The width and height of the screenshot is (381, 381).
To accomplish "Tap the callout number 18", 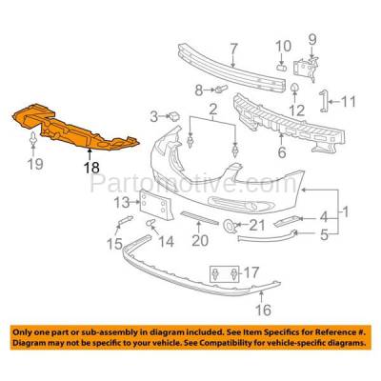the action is tap(91, 168).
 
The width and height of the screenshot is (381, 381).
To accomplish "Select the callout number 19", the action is tap(35, 164).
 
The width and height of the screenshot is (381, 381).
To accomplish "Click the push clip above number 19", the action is tap(33, 140).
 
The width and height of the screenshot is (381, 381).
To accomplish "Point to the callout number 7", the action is tap(233, 50).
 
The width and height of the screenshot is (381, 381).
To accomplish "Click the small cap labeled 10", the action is tap(281, 67).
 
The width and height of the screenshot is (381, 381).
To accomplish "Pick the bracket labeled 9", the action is tap(305, 69).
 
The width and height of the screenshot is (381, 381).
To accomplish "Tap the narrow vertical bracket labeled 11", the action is tap(323, 101).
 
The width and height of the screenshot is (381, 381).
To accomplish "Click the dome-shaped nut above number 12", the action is tap(294, 87).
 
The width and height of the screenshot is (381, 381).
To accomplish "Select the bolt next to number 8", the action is tap(221, 89).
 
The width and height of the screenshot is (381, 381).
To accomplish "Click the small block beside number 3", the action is tap(174, 116).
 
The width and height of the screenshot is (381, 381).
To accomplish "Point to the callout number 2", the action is tap(212, 110).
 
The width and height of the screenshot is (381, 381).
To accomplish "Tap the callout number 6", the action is tap(282, 151).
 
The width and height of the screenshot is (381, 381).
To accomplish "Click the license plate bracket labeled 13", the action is tap(155, 204).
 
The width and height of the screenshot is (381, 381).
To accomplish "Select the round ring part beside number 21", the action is tap(229, 226).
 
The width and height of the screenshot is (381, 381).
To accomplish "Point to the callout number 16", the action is tap(263, 310).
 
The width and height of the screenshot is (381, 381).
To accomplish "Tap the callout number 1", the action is tap(345, 211).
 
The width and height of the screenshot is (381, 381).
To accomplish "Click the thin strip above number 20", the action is tap(199, 217).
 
